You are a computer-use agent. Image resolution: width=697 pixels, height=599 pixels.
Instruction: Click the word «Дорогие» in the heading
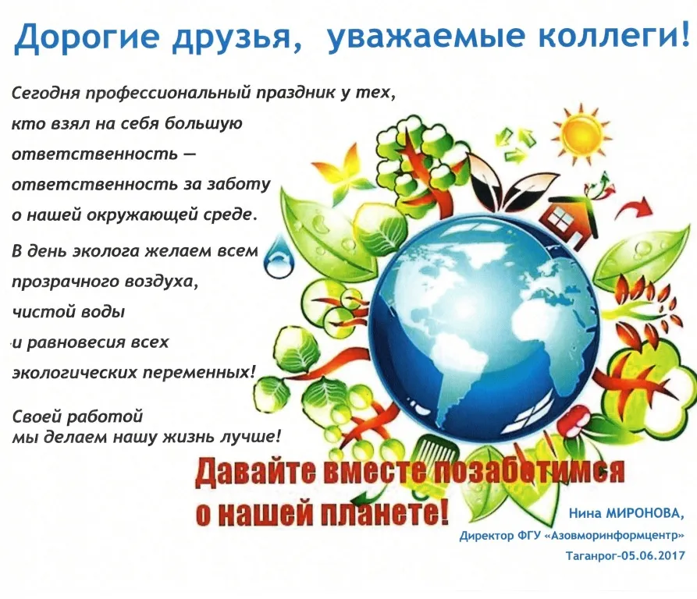pos(87,37)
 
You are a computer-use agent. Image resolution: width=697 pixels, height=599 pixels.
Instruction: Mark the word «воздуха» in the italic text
pos(162,282)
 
